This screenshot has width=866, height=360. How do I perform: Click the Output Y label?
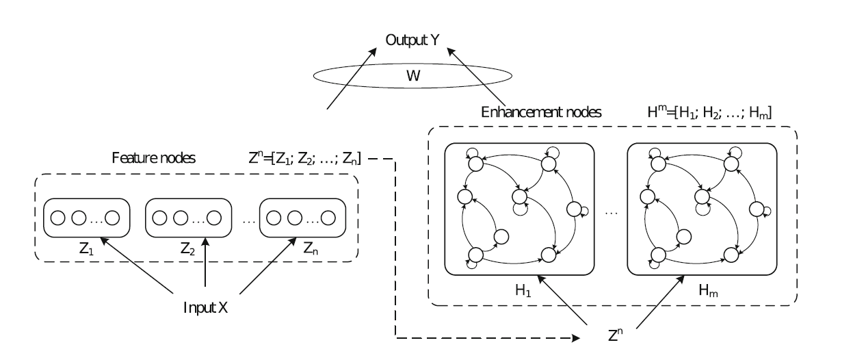click(412, 40)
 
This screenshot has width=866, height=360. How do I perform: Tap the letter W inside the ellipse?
click(413, 76)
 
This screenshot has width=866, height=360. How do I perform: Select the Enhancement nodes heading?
click(541, 112)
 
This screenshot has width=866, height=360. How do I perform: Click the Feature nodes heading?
click(153, 158)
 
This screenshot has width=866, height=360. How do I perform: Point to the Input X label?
click(205, 308)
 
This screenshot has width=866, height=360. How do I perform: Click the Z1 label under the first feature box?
click(86, 248)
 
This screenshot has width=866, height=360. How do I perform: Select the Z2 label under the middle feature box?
click(187, 248)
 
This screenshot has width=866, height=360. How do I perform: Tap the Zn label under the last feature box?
click(311, 248)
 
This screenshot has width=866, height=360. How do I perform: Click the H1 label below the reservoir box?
click(523, 290)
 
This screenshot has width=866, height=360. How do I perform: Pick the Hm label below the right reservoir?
click(708, 290)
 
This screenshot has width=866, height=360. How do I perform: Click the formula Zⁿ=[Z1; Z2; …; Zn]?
click(304, 158)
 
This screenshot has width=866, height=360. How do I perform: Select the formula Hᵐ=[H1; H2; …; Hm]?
click(709, 112)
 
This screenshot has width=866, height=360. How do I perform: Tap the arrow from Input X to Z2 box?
click(205, 262)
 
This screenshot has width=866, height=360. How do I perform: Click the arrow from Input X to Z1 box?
click(137, 266)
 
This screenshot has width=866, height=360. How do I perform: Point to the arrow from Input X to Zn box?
click(268, 266)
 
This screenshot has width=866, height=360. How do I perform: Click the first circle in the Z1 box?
click(58, 218)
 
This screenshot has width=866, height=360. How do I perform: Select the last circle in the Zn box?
click(328, 218)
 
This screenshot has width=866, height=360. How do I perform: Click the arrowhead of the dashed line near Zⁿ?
click(576, 338)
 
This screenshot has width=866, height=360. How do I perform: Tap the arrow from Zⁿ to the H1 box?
click(562, 300)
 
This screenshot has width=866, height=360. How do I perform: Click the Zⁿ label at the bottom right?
click(615, 335)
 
